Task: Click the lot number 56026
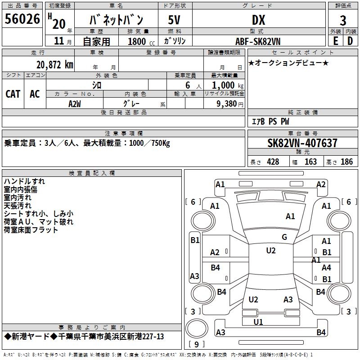coord(22,20)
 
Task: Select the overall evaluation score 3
coord(343,20)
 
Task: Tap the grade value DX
coord(258,20)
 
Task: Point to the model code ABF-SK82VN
coord(258,41)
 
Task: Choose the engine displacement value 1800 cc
coord(137,41)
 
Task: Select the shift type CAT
coord(13,94)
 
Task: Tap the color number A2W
coord(75,103)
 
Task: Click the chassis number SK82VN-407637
coord(302,143)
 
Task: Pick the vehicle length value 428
coord(273,162)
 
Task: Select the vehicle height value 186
coord(346,162)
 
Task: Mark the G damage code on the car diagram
coord(284,237)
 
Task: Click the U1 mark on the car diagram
coord(258,322)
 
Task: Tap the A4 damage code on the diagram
coord(326,268)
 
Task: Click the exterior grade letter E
coord(335,41)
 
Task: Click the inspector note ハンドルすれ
coord(24,181)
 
